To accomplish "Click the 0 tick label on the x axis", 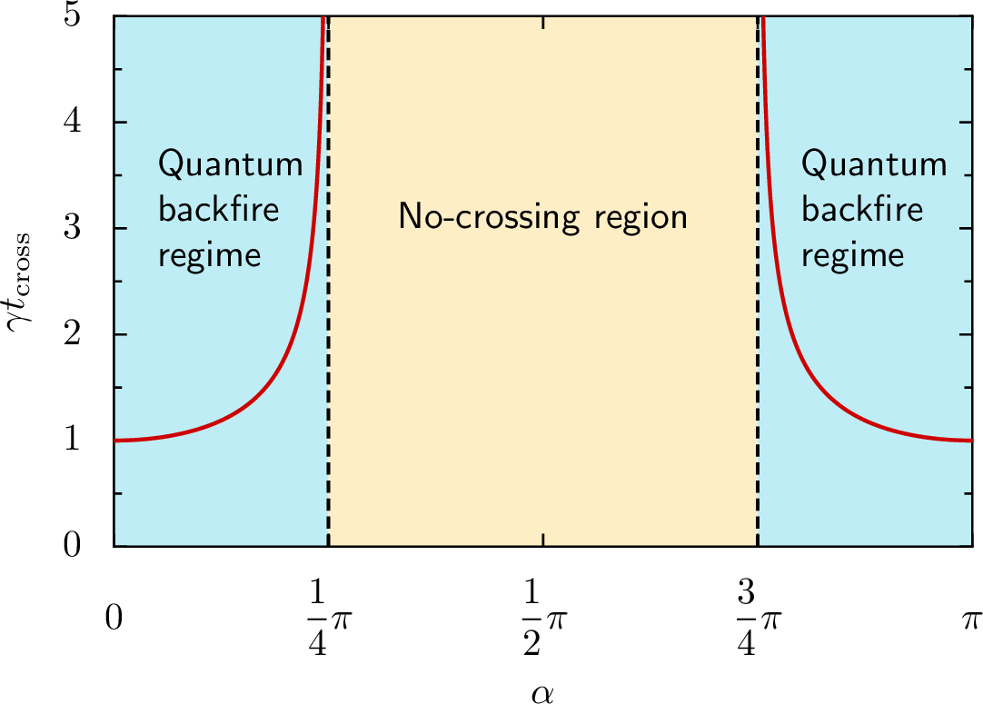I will pyautogui.click(x=114, y=620).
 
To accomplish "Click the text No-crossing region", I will pyautogui.click(x=542, y=217).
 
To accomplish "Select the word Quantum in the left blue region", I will pyautogui.click(x=230, y=166).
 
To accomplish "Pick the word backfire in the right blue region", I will pyautogui.click(x=861, y=210).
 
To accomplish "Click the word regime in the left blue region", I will pyautogui.click(x=209, y=253).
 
